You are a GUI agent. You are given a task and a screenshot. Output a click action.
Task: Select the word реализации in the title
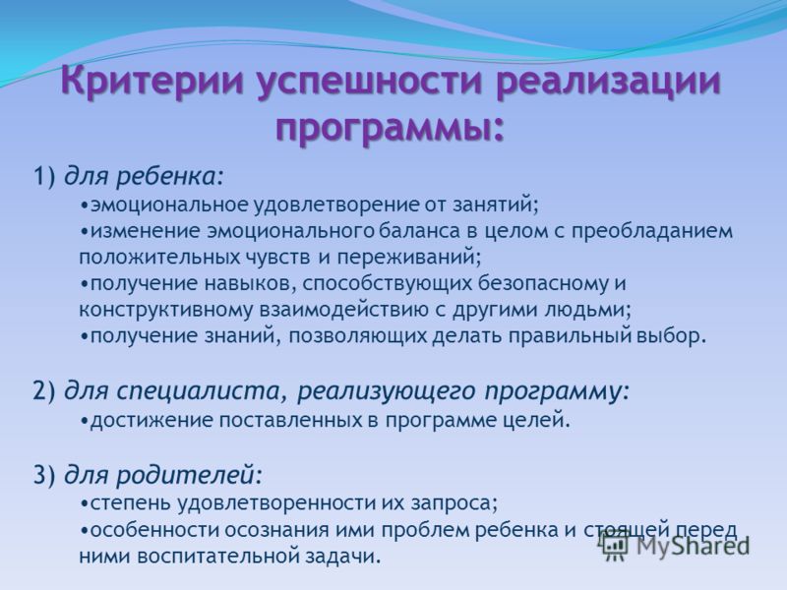(x=608, y=83)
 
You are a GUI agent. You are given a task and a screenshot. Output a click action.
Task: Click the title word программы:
(x=390, y=126)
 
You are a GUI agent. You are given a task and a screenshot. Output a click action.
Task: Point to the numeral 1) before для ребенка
(x=44, y=177)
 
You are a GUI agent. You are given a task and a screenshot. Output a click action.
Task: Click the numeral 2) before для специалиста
(x=44, y=391)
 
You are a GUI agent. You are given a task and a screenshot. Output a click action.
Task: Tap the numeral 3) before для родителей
(x=44, y=475)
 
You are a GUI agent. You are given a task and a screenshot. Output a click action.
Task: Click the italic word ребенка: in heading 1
(x=169, y=176)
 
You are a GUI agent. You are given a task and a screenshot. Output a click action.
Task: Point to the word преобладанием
(x=652, y=232)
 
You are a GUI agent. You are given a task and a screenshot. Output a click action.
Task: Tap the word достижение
(x=151, y=420)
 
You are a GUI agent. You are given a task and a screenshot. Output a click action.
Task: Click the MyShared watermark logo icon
(x=614, y=547)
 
